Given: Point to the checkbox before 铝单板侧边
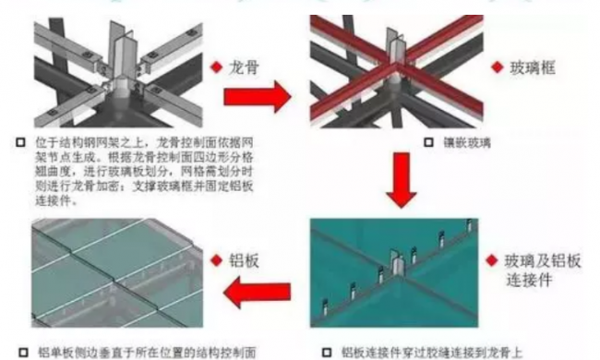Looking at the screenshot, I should coord(20,351).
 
